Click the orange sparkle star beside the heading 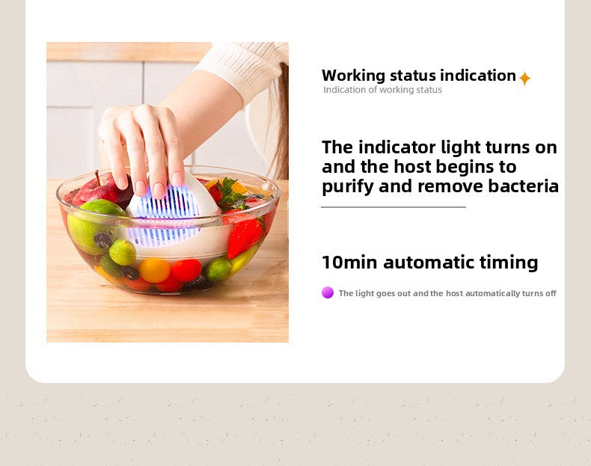pos(524,79)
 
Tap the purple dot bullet pos(328,292)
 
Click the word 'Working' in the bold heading pos(353,76)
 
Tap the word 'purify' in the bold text pos(348,187)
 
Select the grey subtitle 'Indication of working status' pos(382,90)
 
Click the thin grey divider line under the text pos(394,207)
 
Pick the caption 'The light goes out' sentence pos(447,293)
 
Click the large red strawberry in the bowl pos(245,236)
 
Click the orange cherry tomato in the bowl pos(155,269)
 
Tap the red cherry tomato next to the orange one pos(186,269)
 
